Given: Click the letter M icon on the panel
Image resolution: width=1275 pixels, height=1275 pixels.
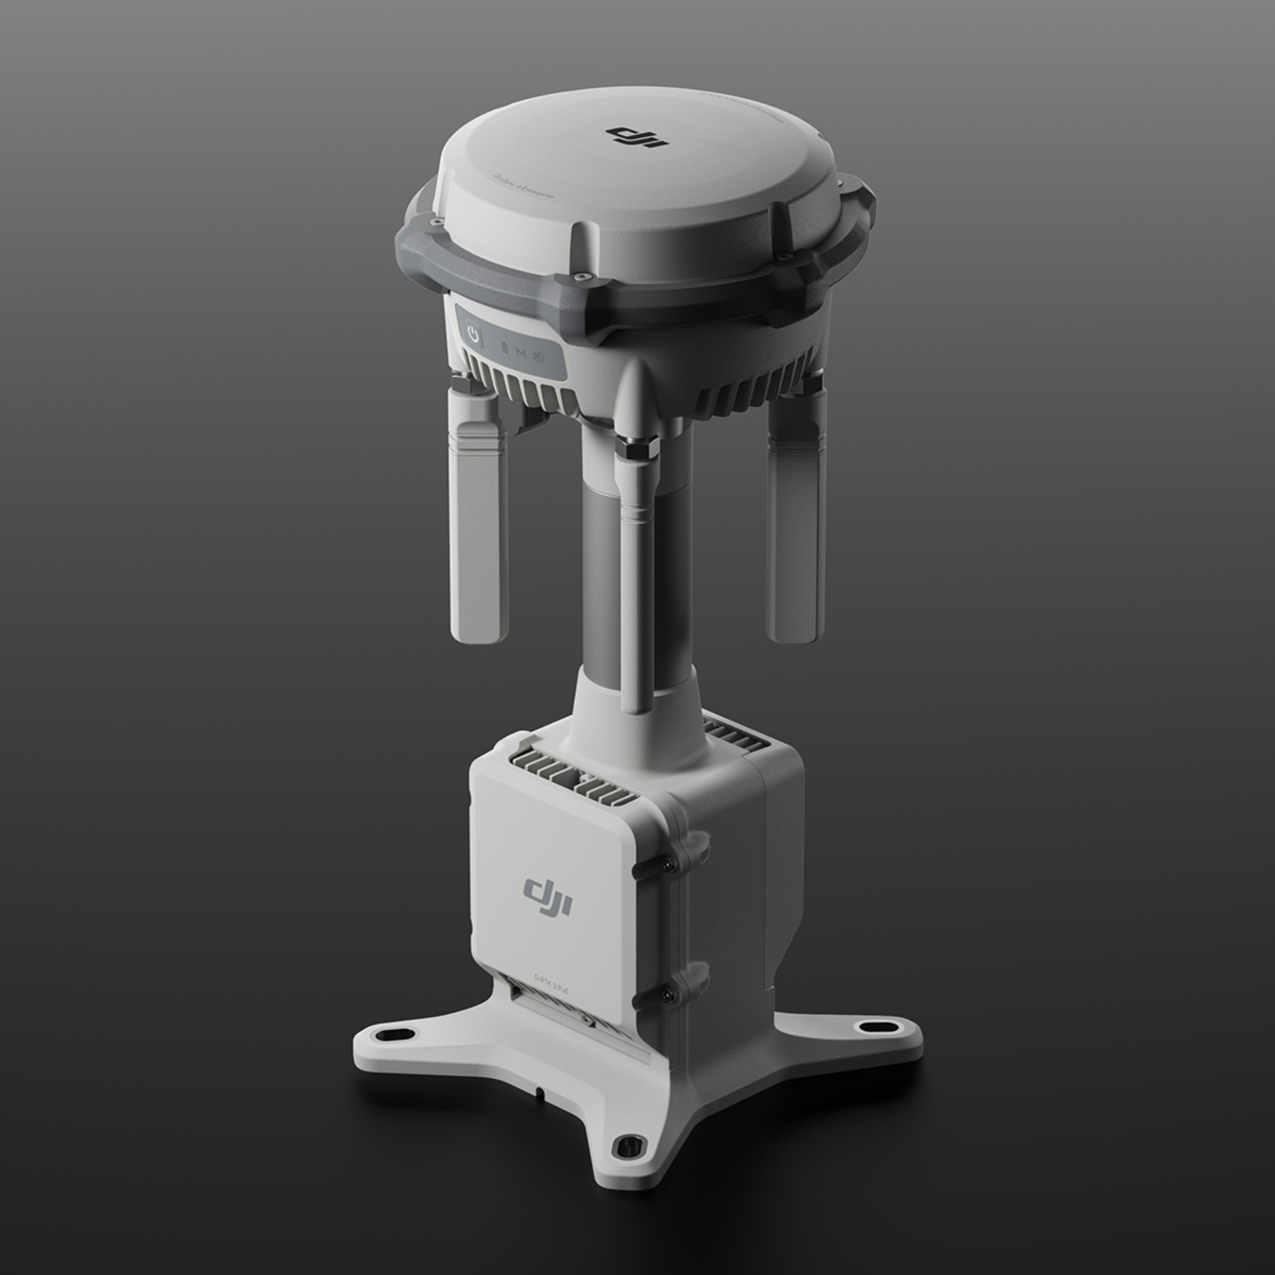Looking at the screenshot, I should (x=521, y=352).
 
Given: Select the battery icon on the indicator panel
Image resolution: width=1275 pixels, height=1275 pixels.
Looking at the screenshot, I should (x=505, y=349).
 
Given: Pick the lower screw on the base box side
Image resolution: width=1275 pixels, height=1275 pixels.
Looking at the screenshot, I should (x=670, y=993).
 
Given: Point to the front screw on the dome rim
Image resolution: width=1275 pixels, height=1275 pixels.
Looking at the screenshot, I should (x=580, y=277).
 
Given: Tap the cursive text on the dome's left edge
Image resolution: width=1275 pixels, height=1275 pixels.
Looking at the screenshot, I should (x=525, y=186).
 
